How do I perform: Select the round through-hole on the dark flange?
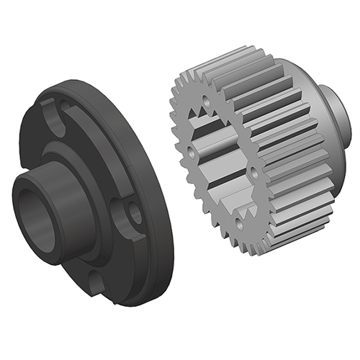tap(134, 212)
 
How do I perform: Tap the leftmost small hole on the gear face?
tap(191, 151)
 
